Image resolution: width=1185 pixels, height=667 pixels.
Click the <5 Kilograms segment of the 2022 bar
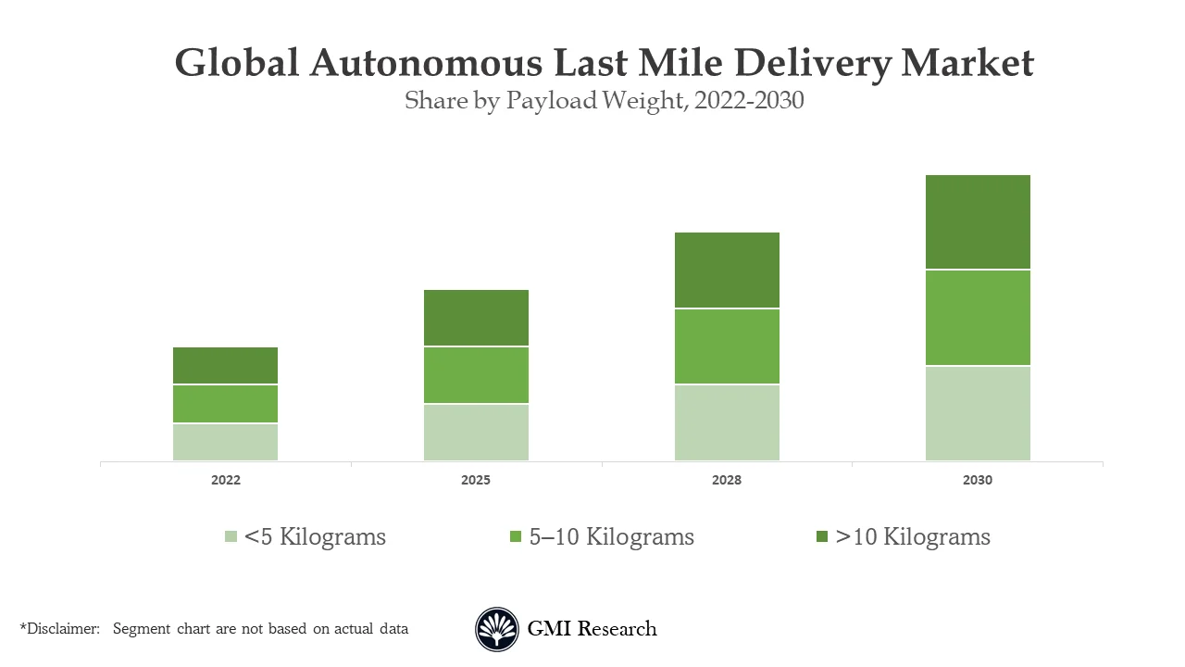225,442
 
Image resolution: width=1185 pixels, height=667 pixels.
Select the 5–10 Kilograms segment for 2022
225,404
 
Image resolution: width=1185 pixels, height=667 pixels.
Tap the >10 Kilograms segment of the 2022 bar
225,365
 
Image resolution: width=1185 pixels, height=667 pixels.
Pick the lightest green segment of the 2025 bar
476,433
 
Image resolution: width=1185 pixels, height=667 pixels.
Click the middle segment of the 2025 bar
476,375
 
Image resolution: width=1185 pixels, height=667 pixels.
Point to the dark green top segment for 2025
476,318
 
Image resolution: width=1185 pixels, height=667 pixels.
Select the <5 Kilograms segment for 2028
727,422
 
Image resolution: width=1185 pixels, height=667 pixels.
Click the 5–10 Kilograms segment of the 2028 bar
727,346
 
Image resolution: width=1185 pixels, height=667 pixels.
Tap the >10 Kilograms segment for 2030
978,222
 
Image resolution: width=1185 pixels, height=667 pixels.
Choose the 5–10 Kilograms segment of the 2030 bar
978,318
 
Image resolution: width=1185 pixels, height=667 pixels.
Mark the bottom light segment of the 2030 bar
978,413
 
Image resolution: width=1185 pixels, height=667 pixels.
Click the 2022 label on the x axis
225,481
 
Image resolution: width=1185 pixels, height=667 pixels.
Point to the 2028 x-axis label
727,481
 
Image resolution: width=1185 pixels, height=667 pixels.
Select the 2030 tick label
978,481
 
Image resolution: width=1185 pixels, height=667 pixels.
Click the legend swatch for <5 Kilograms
231,537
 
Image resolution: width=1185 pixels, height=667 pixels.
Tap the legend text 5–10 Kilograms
611,537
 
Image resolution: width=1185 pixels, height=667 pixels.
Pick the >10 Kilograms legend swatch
822,537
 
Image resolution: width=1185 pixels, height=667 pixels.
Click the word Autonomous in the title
426,63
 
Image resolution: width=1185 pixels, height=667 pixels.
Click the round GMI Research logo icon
497,629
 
